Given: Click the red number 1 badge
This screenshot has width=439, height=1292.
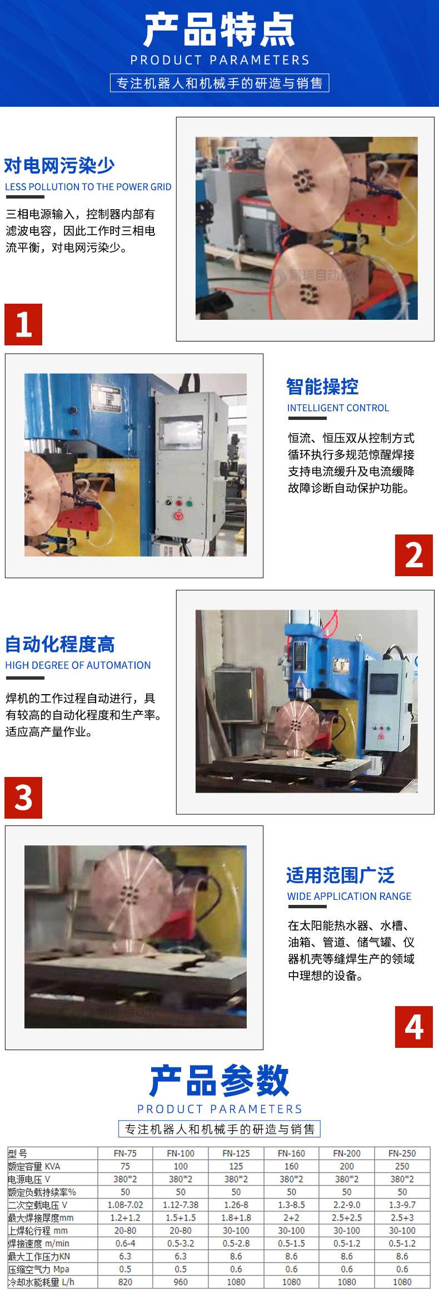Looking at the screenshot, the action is tap(23, 324).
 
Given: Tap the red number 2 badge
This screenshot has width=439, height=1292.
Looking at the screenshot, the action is tap(414, 555).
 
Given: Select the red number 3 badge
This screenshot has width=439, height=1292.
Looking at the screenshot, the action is tap(23, 798).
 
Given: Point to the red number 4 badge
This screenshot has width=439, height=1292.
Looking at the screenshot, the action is tap(414, 1027).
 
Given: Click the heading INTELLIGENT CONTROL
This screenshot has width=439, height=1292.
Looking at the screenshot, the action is tap(338, 408).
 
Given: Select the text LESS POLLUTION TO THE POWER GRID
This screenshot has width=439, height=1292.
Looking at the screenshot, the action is tap(88, 187).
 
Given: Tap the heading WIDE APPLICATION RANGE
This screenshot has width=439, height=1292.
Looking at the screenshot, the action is tap(349, 896).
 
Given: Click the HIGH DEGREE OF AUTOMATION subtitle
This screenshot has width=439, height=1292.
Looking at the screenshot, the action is tap(78, 665).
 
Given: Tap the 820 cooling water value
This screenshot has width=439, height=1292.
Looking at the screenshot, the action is tap(125, 1281).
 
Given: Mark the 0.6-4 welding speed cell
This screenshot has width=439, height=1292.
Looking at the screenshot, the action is tap(125, 1243).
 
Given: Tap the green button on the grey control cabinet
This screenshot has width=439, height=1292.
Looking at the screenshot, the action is tap(189, 503).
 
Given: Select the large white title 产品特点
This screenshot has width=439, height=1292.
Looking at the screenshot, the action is tap(219, 31).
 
